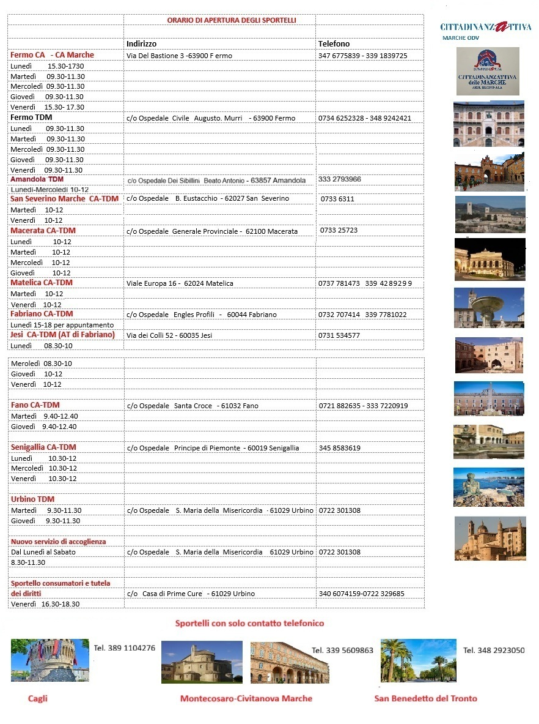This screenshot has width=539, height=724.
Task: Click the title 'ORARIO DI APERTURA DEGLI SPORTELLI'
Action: [x=232, y=20]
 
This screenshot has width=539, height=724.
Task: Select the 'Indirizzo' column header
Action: [x=141, y=44]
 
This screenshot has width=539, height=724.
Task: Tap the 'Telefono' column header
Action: [x=334, y=44]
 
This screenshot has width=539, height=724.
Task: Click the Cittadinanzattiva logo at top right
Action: [x=485, y=28]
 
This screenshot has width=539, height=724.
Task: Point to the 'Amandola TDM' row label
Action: [x=37, y=179]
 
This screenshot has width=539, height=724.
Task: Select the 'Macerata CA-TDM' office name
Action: [x=43, y=231]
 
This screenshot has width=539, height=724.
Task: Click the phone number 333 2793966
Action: [x=340, y=179]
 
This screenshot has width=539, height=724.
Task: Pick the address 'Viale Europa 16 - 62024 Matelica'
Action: [x=180, y=283]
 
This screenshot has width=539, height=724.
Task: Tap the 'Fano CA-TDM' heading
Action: [x=35, y=405]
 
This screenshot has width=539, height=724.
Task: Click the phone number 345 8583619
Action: [x=340, y=448]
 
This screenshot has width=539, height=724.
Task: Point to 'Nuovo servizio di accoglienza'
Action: [x=58, y=542]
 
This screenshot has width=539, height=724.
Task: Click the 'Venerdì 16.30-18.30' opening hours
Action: [x=45, y=604]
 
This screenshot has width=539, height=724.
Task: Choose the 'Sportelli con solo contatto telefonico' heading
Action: [x=249, y=624]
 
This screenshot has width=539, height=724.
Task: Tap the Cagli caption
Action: [x=38, y=698]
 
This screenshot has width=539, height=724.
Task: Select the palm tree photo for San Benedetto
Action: [x=418, y=660]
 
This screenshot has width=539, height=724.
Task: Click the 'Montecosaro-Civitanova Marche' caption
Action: [x=246, y=698]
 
